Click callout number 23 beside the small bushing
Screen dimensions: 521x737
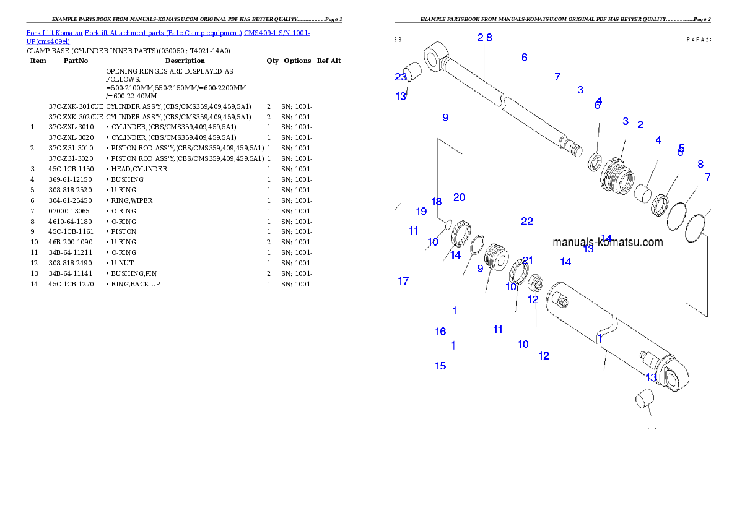(401, 77)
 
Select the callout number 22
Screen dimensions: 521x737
(527, 222)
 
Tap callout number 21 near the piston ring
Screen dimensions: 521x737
(528, 260)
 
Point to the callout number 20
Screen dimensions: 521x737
(459, 197)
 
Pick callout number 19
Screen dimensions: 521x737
(421, 212)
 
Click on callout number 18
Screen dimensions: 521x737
(436, 202)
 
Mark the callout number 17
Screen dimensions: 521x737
(403, 281)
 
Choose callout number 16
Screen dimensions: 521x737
(440, 331)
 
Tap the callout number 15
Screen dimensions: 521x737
(440, 366)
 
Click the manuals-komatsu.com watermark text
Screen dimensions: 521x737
(607, 243)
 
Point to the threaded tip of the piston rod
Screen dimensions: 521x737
(573, 149)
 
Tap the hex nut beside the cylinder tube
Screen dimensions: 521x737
(534, 285)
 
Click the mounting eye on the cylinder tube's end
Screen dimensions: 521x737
(677, 374)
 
